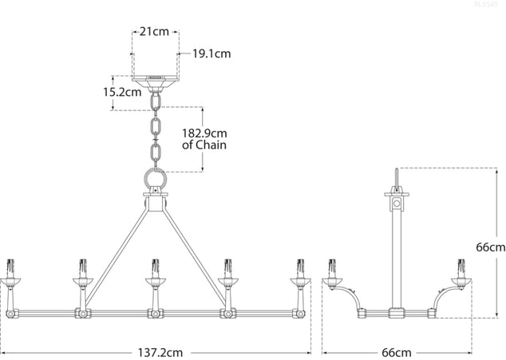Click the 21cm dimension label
pyautogui.click(x=155, y=32)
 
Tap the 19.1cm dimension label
pyautogui.click(x=211, y=54)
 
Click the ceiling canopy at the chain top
pyautogui.click(x=155, y=81)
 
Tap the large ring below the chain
pyautogui.click(x=155, y=178)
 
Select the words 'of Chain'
pyautogui.click(x=205, y=145)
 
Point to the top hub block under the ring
pyautogui.click(x=155, y=202)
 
